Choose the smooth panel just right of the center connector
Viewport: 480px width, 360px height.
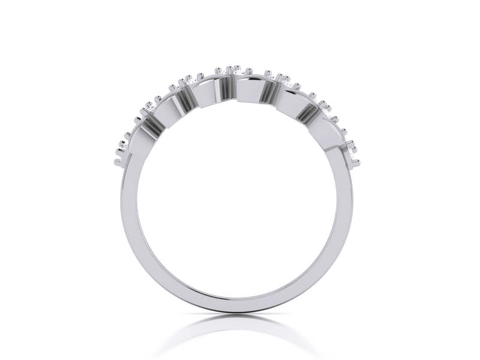[249, 90]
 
